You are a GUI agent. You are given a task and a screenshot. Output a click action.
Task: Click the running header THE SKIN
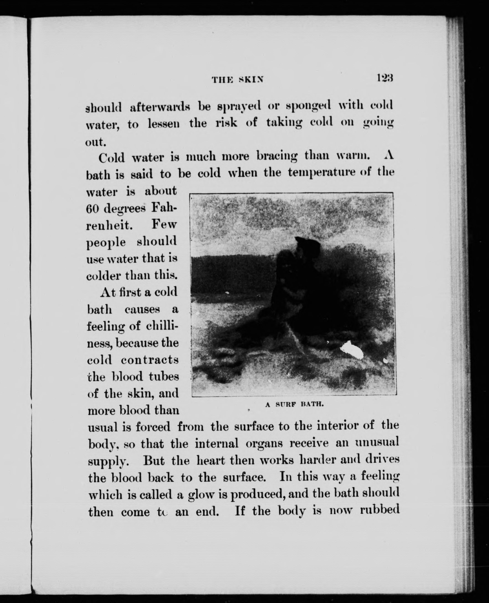click(238, 80)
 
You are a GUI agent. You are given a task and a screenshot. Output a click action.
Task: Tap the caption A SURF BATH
click(294, 404)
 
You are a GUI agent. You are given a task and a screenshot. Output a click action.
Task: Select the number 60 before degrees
click(92, 208)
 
